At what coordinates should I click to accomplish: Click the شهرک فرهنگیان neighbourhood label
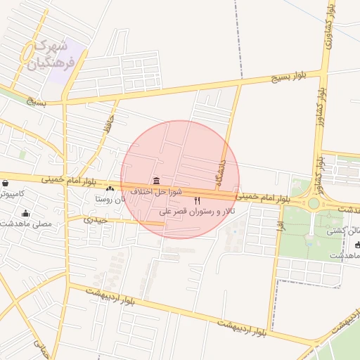[x=49, y=55]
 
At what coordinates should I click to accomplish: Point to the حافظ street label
[x=107, y=125]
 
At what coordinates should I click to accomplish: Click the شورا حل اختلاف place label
[x=156, y=191]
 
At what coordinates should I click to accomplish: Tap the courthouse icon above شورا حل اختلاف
[x=155, y=181]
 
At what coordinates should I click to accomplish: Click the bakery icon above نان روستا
[x=110, y=188]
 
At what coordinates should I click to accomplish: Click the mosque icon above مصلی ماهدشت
[x=27, y=214]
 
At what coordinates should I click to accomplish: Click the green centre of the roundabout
[x=313, y=203]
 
